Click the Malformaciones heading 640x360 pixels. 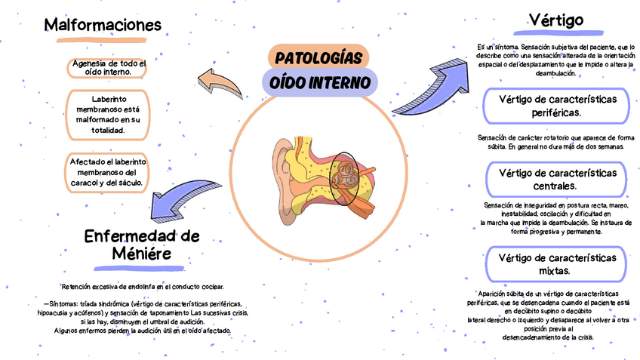103,25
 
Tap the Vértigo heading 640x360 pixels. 555,20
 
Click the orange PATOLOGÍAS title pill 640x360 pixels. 318,58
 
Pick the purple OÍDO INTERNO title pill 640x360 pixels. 319,82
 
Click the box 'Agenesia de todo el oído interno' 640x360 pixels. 106,68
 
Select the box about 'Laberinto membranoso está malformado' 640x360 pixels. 108,115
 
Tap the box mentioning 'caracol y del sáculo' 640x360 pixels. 108,172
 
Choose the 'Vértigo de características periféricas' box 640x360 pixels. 556,106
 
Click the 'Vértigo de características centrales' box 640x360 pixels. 556,179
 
